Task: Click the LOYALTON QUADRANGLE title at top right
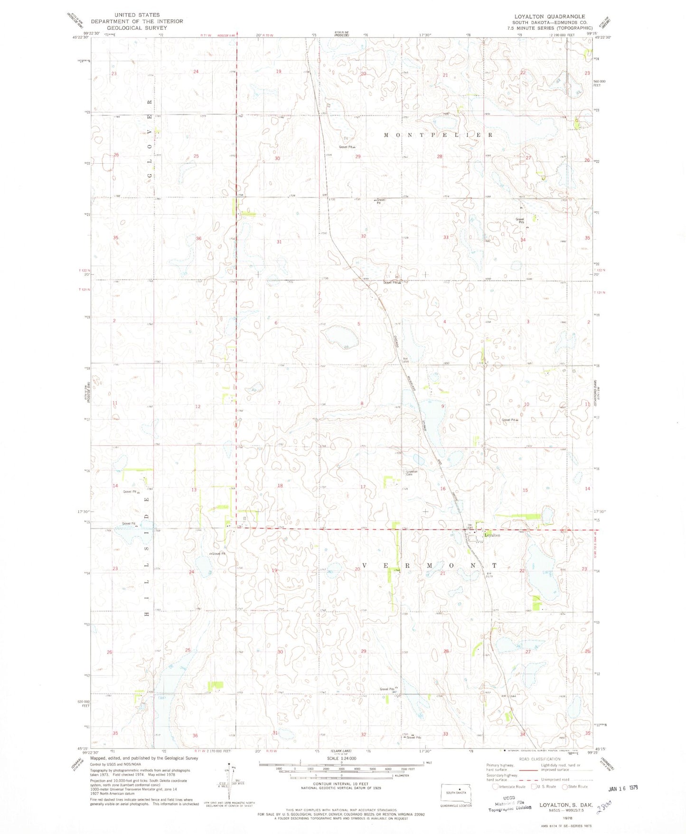tap(549, 17)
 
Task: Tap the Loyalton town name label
tap(492, 535)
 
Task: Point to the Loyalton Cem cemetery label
tap(412, 473)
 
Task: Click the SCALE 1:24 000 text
tap(340, 772)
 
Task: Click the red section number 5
tap(358, 324)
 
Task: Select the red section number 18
tap(280, 486)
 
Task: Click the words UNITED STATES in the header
tap(137, 15)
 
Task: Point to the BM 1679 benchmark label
tap(489, 575)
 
